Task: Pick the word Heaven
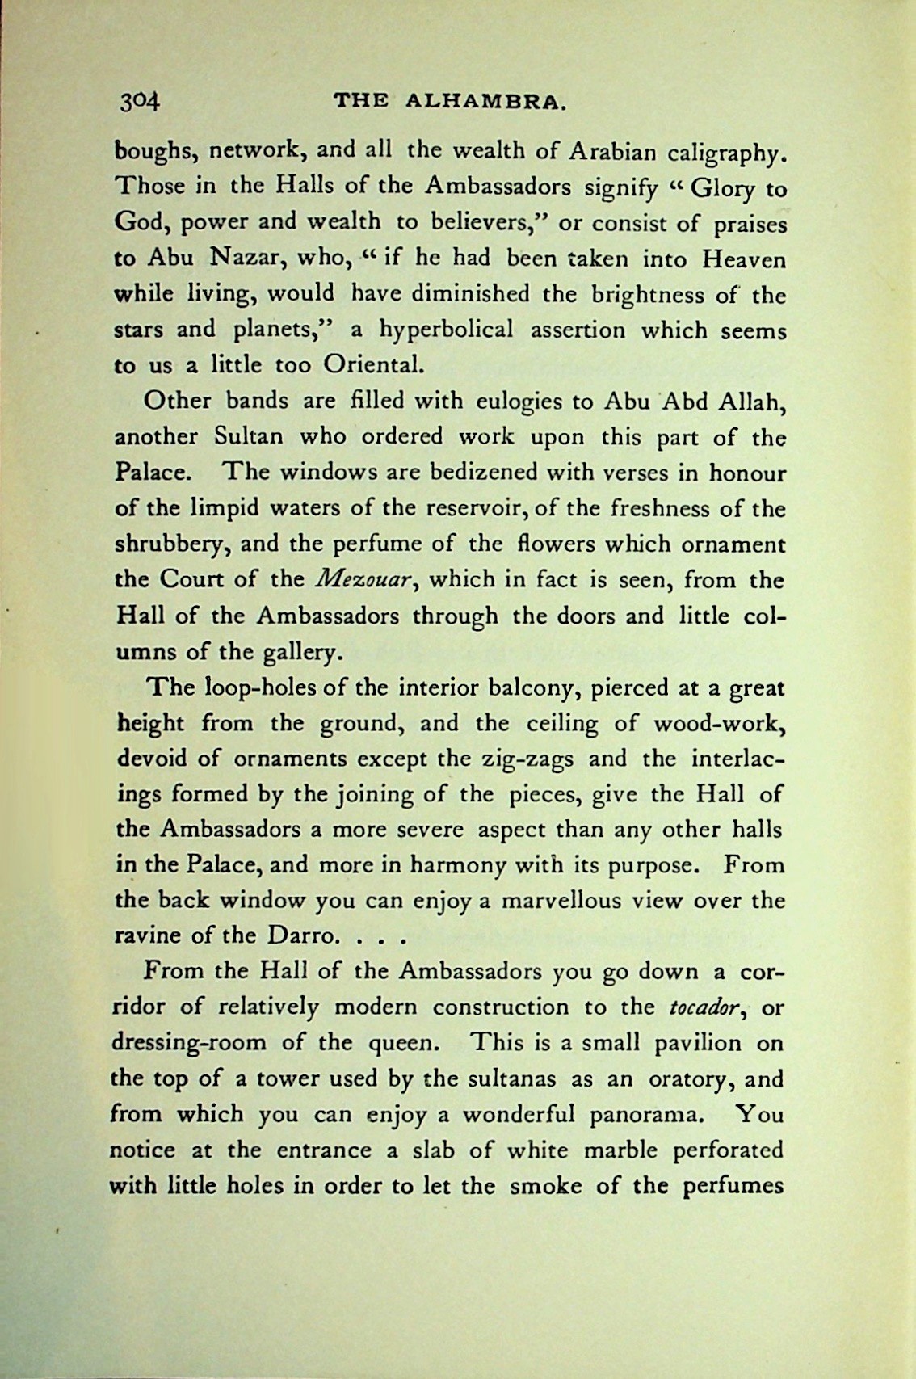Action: pyautogui.click(x=743, y=259)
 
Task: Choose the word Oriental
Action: pyautogui.click(x=372, y=365)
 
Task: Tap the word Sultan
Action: pyautogui.click(x=249, y=437)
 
